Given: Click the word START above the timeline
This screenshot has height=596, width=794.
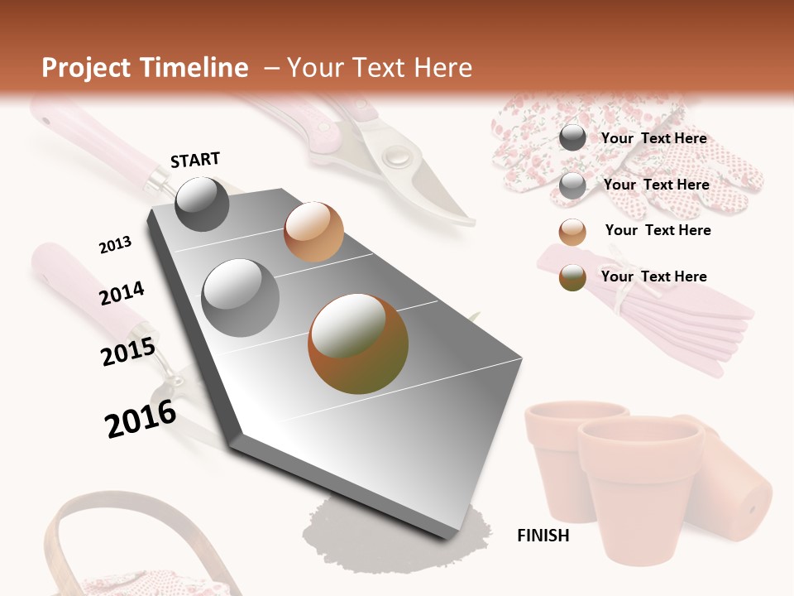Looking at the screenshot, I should (x=195, y=160).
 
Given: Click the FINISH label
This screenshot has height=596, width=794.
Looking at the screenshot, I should (x=543, y=536).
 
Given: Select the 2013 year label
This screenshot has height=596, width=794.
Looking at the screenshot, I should (x=115, y=245).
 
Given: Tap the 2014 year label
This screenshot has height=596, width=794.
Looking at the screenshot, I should (x=122, y=294).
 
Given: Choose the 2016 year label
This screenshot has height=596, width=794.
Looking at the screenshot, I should (x=141, y=419).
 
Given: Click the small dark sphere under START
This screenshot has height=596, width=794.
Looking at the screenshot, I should (x=202, y=204).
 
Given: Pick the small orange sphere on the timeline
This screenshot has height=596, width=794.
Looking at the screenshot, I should (x=313, y=232).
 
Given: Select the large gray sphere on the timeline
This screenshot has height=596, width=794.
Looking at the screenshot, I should (x=241, y=297).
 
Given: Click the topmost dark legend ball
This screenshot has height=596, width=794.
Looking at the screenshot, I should (x=572, y=138).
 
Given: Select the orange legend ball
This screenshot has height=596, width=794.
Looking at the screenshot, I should (x=572, y=232).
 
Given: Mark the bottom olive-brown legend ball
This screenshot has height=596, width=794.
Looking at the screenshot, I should (x=572, y=277).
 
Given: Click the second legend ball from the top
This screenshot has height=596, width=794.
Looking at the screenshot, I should (x=572, y=185).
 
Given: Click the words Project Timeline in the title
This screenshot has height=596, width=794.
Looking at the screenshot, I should (x=145, y=68).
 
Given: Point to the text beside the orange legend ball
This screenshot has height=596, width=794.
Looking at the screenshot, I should (x=658, y=230).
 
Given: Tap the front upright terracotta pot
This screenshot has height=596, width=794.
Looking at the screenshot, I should (x=639, y=488).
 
